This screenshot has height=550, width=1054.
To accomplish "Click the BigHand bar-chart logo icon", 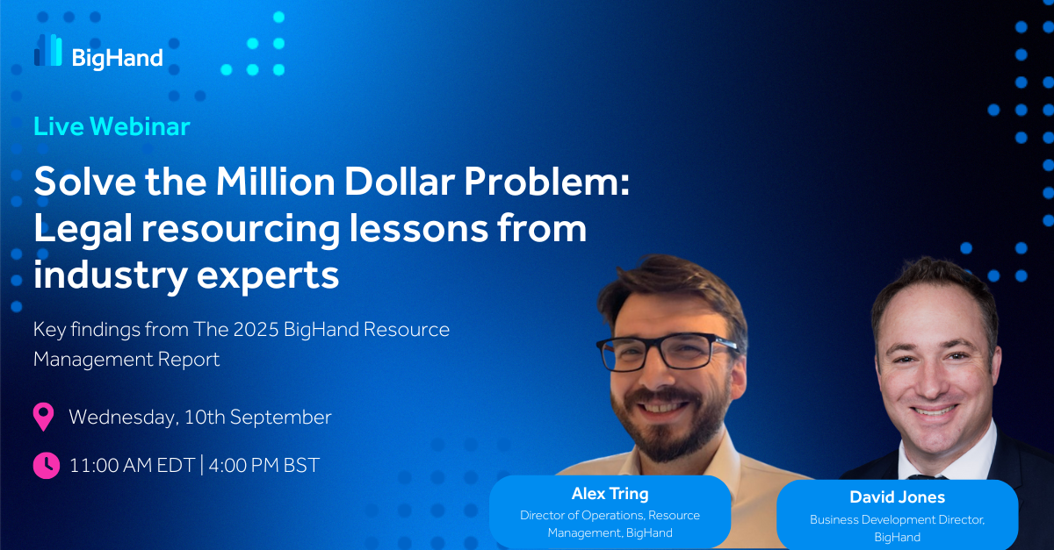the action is (48, 50).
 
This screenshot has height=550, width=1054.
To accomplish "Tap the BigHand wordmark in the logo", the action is (117, 59).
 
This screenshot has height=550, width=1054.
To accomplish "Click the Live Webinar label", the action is (112, 126).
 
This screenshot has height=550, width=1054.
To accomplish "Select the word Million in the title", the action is (275, 182).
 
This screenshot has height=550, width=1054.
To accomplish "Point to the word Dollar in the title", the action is (400, 182).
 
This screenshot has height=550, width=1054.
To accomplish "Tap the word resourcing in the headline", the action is (241, 230).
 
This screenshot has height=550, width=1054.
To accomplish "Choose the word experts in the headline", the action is (268, 276).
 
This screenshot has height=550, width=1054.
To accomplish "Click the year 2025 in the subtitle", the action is (256, 330).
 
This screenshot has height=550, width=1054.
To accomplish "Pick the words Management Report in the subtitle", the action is (126, 360).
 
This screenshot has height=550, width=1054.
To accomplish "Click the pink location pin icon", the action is (43, 417).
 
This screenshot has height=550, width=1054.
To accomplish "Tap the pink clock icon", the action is (46, 466).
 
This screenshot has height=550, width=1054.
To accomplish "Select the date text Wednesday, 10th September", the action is (200, 418).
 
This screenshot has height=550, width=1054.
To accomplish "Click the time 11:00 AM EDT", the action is (133, 466).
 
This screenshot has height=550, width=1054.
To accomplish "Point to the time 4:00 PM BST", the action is (264, 466).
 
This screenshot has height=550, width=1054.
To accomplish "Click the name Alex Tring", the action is (610, 494).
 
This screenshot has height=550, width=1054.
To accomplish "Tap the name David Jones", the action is (898, 497).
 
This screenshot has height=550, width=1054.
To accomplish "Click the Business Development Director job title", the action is (898, 519).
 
